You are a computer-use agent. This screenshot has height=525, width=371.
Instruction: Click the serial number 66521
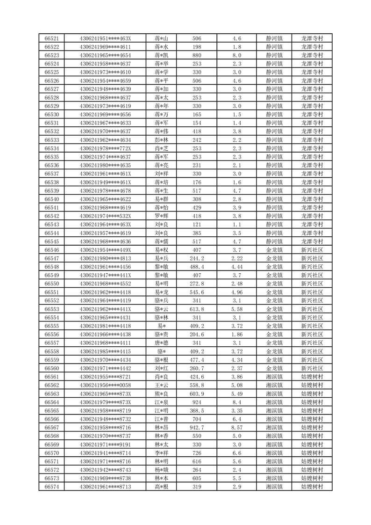(x=51, y=38)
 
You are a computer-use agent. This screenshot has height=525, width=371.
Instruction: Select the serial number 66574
(x=51, y=487)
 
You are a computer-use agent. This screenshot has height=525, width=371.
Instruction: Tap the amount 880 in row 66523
(x=197, y=55)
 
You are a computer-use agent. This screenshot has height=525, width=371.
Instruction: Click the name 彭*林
(x=161, y=140)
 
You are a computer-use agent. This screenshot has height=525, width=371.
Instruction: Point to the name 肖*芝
(x=161, y=148)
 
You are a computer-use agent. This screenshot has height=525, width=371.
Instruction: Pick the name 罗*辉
(x=161, y=216)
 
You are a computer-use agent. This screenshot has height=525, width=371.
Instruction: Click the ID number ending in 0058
(x=106, y=385)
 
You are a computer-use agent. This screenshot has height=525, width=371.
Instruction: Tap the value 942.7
(x=197, y=428)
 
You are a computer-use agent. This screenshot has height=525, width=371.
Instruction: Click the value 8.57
(x=236, y=428)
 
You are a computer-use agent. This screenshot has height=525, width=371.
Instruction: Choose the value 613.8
(x=197, y=309)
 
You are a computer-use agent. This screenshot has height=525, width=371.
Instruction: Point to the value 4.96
(x=236, y=292)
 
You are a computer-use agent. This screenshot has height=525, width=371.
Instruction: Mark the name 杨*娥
(x=161, y=470)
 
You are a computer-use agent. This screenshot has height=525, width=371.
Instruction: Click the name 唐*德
(x=161, y=343)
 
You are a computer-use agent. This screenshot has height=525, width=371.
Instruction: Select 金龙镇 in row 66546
(x=274, y=250)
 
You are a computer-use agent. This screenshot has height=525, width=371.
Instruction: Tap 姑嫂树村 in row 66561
(x=312, y=377)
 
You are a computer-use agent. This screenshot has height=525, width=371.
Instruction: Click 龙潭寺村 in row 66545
(x=312, y=241)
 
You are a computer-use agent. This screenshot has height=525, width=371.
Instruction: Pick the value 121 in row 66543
(x=197, y=225)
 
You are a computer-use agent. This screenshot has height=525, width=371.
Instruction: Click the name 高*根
(x=161, y=487)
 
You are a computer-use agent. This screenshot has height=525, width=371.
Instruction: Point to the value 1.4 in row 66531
(x=236, y=123)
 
